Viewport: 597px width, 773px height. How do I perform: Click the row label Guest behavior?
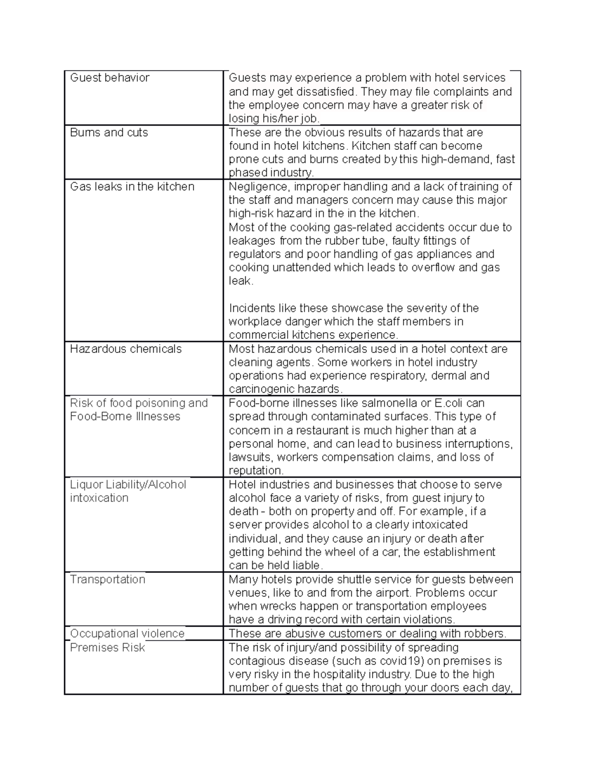(x=109, y=78)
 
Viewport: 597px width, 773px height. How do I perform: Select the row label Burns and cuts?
(x=109, y=132)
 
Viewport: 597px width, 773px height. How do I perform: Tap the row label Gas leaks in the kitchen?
(x=132, y=187)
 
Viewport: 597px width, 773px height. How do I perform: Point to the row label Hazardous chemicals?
(x=126, y=349)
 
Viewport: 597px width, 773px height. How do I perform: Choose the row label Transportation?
(x=107, y=579)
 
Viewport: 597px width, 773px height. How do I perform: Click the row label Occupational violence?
(x=127, y=634)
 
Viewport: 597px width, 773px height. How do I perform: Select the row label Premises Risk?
(x=107, y=648)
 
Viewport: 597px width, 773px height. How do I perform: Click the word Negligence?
(x=258, y=187)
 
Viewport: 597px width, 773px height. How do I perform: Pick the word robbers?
(x=485, y=634)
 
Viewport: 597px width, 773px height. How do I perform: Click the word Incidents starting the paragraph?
(x=251, y=308)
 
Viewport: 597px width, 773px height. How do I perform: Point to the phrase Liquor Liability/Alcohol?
(x=128, y=485)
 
